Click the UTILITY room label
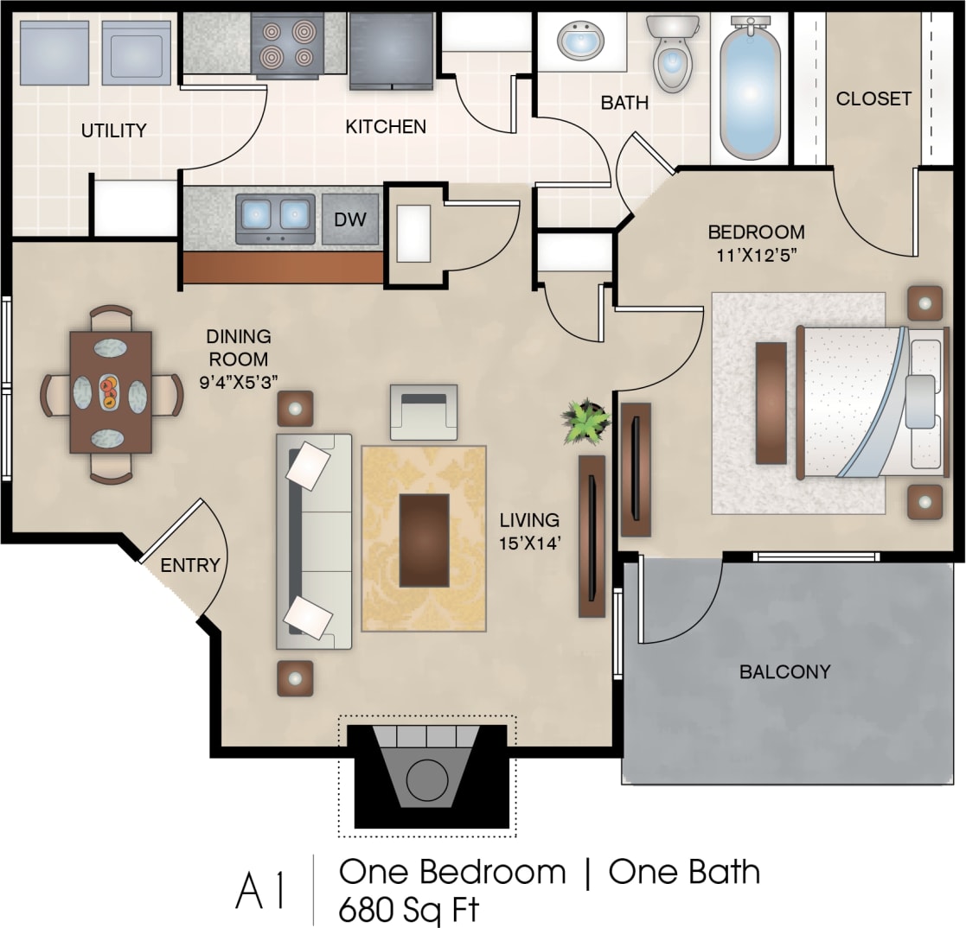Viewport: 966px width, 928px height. (113, 131)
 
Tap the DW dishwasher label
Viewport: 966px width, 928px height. (350, 219)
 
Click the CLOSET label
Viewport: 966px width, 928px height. (873, 99)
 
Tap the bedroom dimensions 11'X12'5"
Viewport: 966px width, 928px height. (756, 256)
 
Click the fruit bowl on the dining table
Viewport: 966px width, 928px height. (110, 392)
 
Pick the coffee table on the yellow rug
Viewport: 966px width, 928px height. (424, 540)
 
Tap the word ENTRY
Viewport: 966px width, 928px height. (190, 565)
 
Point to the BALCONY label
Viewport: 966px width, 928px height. (784, 671)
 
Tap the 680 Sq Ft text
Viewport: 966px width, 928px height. (408, 909)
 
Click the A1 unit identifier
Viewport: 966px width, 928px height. (260, 893)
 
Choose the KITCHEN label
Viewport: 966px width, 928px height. (386, 127)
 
